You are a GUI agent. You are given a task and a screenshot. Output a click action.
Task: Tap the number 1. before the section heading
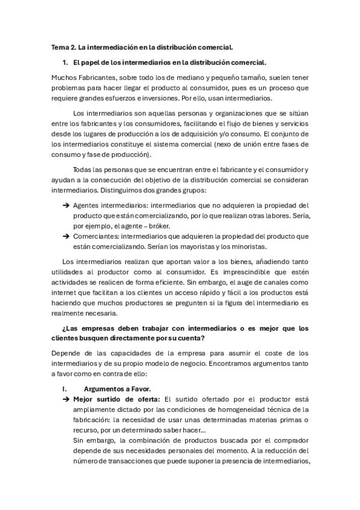65,62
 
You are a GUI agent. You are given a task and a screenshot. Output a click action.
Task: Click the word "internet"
65,293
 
